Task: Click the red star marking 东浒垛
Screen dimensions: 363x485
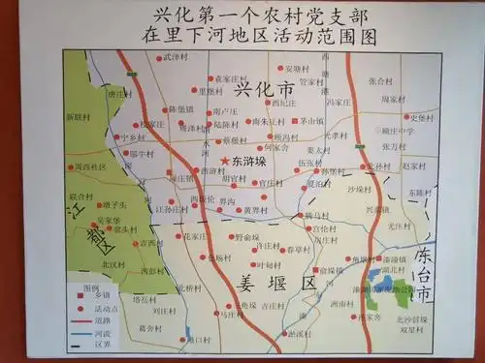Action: tap(224, 161)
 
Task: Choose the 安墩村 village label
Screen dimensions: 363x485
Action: tap(298, 69)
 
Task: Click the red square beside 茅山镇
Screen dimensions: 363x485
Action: tap(293, 122)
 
